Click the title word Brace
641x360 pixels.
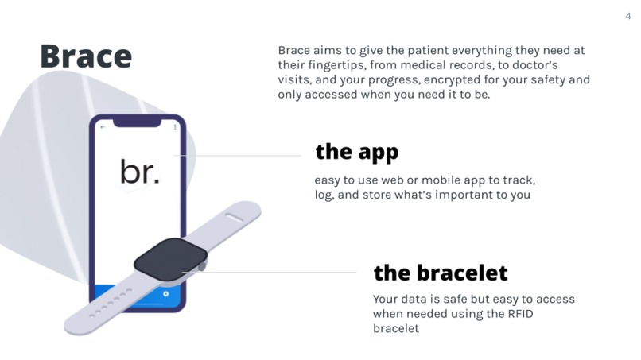[85, 56]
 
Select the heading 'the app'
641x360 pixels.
[356, 151]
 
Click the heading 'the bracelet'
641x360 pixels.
[440, 273]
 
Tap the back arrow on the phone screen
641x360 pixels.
[103, 126]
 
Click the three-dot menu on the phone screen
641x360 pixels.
[174, 126]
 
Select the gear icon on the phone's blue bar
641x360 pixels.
[165, 293]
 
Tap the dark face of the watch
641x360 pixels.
[170, 257]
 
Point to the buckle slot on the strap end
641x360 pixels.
[235, 213]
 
